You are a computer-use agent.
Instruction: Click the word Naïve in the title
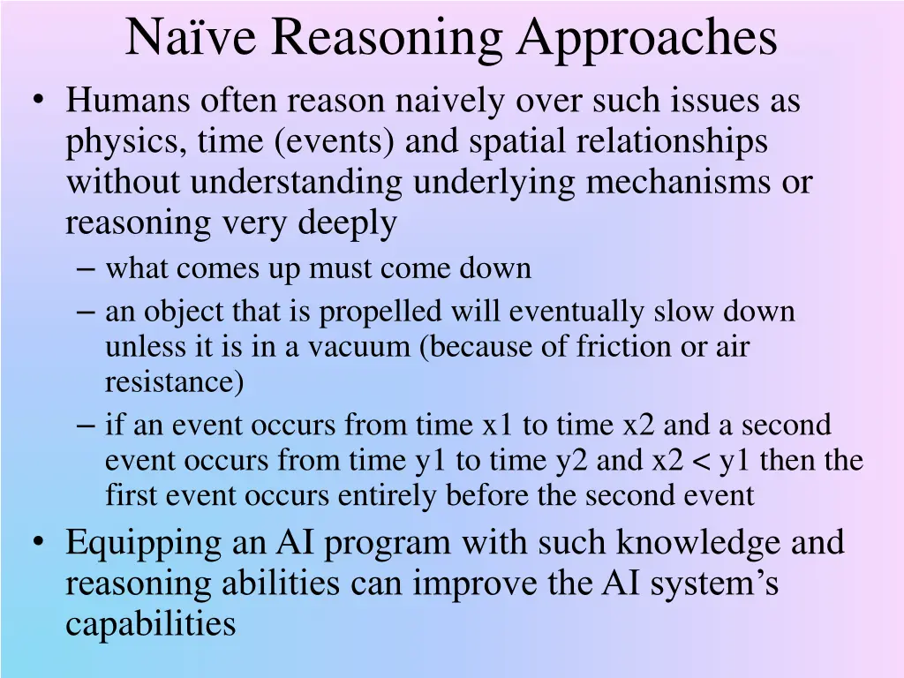point(190,38)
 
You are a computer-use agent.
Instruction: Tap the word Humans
point(127,102)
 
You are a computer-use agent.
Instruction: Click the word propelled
point(381,313)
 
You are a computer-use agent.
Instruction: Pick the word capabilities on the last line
point(151,624)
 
